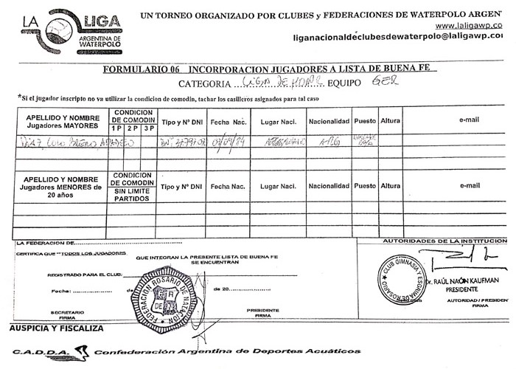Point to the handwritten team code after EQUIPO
tap(386, 82)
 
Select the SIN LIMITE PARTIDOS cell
tap(133, 195)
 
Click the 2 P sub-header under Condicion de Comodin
tap(133, 128)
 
